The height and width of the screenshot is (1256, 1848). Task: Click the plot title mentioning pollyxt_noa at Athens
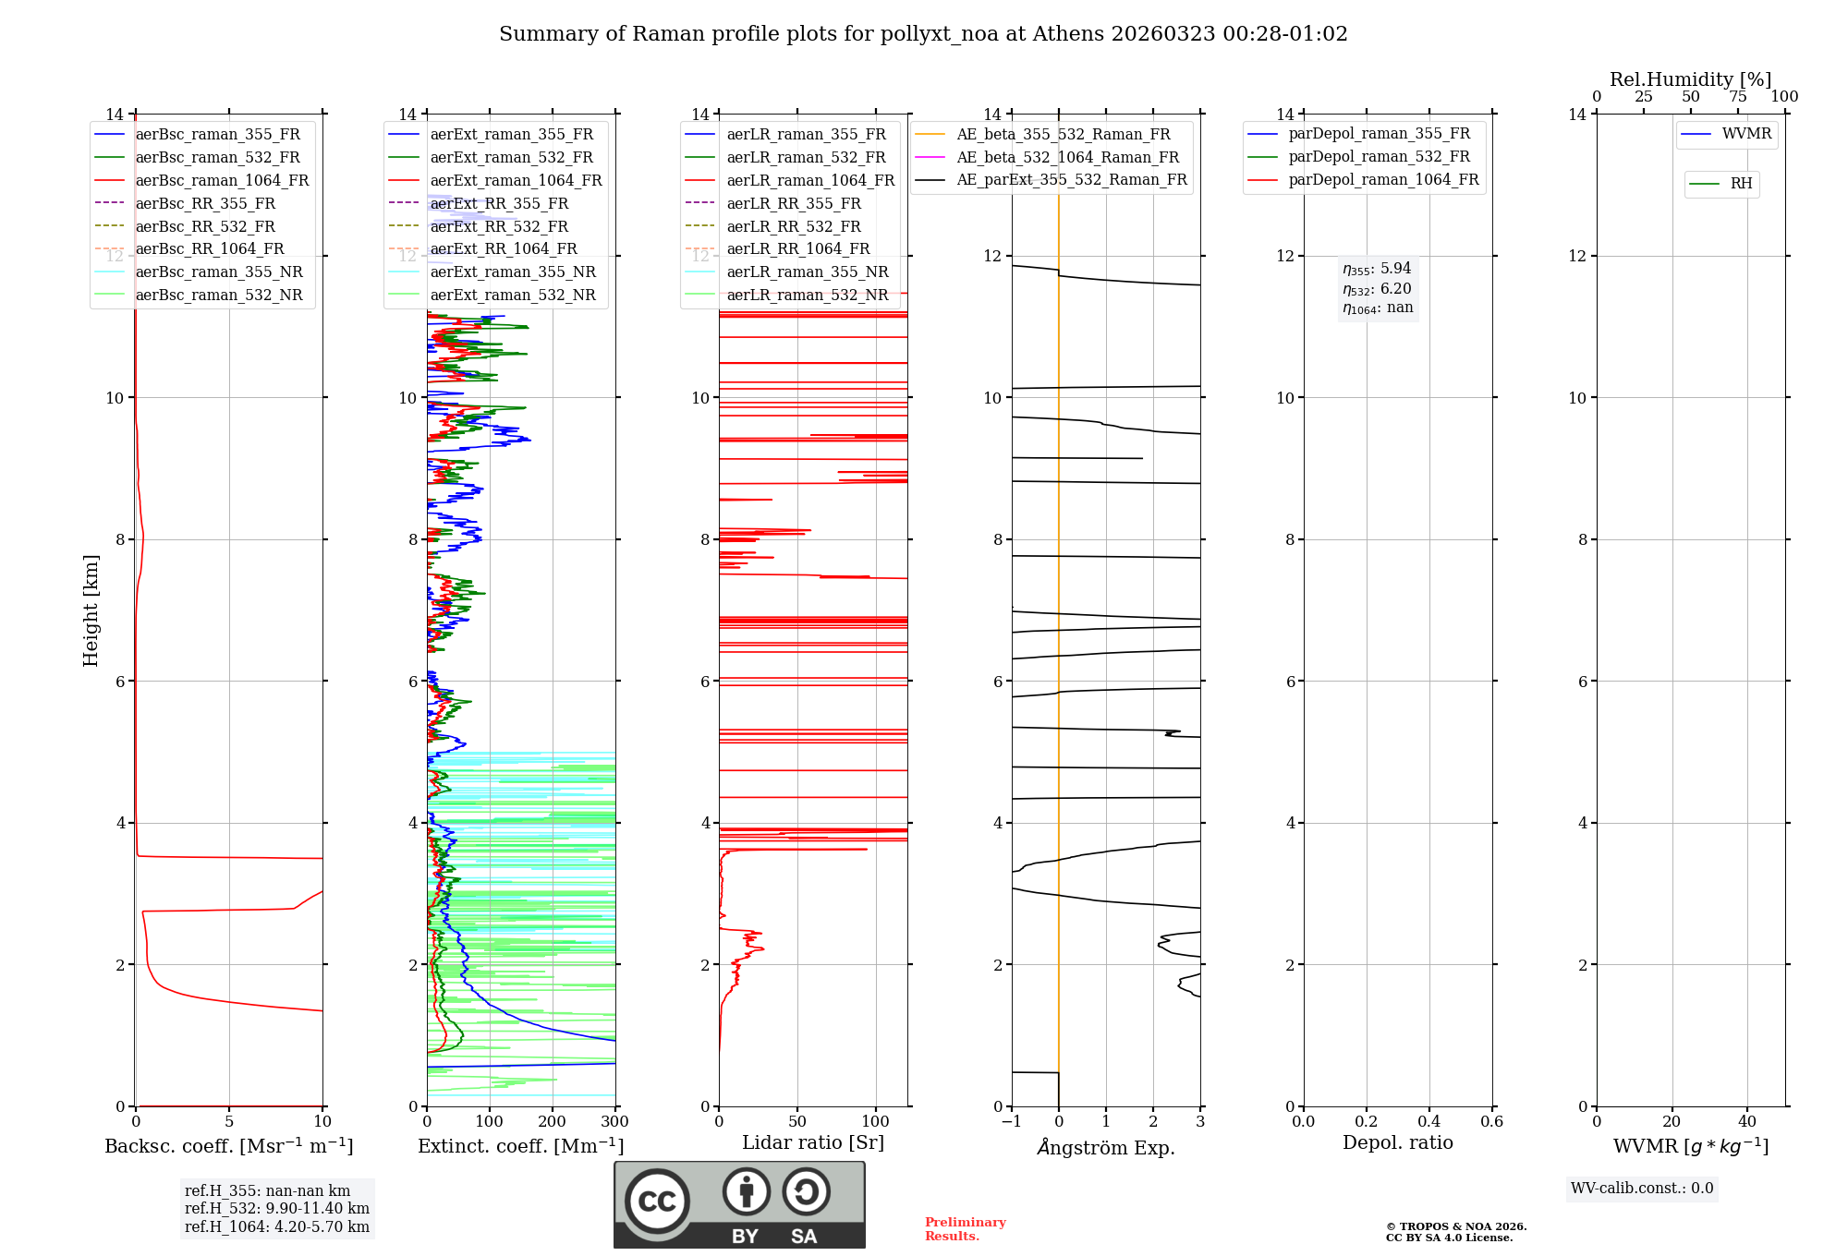(x=923, y=34)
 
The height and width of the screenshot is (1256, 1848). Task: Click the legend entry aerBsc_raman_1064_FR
(x=222, y=180)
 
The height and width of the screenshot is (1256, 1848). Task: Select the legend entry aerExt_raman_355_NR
(x=513, y=272)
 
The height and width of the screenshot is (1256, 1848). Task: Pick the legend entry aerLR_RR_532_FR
(x=793, y=226)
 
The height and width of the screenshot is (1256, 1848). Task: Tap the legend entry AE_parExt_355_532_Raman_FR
(x=1071, y=179)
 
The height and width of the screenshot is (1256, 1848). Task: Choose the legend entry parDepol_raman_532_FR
(x=1379, y=157)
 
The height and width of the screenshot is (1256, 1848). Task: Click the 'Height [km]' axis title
(x=91, y=610)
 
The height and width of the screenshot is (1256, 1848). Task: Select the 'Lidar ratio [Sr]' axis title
(x=813, y=1142)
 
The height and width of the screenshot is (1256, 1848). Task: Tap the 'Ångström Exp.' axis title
(x=1106, y=1147)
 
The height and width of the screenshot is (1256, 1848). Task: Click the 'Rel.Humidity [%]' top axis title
(x=1690, y=79)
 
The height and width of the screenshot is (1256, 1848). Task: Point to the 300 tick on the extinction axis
(x=614, y=1122)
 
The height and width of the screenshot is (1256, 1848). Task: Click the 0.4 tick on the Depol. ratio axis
(x=1429, y=1122)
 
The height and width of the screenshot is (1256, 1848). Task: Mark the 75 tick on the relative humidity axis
(x=1738, y=97)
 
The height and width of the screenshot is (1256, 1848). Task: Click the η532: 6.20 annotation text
(x=1377, y=289)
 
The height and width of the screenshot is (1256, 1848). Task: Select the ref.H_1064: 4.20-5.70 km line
(x=276, y=1226)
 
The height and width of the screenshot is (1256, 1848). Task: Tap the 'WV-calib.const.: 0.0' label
(x=1642, y=1189)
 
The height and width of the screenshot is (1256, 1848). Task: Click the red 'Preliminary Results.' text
(x=965, y=1229)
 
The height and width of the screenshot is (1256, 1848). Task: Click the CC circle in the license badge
(x=657, y=1202)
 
